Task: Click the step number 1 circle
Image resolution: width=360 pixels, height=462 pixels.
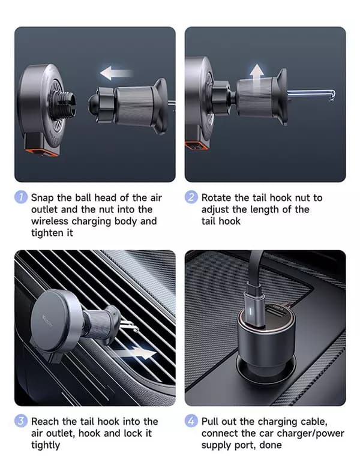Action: click(20, 197)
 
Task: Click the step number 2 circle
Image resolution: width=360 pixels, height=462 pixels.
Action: click(191, 197)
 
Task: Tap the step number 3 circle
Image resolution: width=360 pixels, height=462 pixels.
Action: click(20, 421)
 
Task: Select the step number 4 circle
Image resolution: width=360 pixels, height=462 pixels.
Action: click(191, 421)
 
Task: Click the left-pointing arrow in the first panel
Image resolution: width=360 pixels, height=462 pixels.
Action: click(116, 73)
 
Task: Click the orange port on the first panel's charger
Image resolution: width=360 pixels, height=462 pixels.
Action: click(40, 152)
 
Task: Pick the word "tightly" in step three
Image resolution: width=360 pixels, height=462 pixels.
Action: click(46, 445)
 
